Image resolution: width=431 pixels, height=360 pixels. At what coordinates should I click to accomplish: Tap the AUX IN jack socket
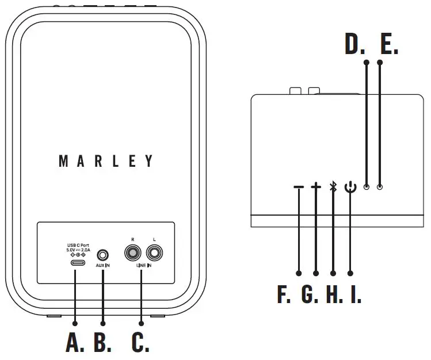[103, 254]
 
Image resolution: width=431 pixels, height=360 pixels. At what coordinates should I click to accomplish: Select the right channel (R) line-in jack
[132, 253]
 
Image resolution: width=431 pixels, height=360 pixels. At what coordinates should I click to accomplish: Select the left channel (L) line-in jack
[155, 253]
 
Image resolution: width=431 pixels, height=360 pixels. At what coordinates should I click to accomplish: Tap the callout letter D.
[354, 45]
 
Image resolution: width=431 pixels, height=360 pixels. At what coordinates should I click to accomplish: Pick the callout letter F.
[284, 294]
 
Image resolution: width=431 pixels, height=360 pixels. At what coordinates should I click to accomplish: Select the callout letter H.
[334, 294]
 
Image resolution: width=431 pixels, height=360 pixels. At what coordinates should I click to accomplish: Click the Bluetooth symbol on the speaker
[333, 187]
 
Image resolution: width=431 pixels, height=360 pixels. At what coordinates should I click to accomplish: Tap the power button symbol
[350, 187]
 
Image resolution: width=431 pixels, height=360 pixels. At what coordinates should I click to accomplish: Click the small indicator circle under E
[379, 187]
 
